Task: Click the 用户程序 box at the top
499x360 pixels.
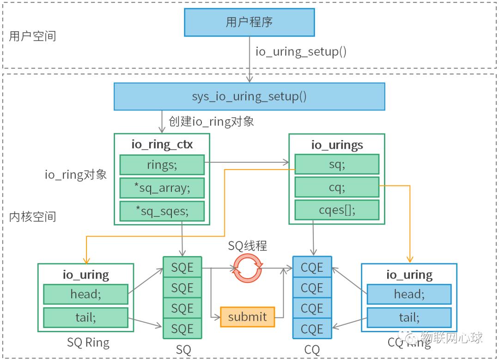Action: coord(249,22)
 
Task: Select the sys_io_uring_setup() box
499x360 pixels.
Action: coord(249,97)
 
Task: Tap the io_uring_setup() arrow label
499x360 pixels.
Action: coord(301,51)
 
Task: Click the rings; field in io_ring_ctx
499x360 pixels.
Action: coord(162,165)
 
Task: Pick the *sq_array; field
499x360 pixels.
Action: coord(162,188)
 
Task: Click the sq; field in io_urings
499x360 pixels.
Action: coord(336,164)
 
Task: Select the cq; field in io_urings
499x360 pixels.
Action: coord(336,187)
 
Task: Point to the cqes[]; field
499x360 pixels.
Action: coord(336,210)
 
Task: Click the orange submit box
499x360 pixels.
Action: coord(247,317)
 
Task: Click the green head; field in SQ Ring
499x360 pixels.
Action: coord(85,294)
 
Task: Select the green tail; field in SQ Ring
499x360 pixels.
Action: coord(85,317)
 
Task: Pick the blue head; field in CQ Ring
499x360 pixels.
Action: coord(409,294)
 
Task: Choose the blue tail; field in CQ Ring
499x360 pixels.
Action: coord(409,317)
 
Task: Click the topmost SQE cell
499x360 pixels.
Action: coord(182,267)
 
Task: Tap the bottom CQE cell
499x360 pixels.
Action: coord(312,329)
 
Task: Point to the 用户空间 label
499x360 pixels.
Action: coord(33,37)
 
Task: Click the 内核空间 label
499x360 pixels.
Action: coord(33,216)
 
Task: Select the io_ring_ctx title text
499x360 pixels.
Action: coord(162,144)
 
